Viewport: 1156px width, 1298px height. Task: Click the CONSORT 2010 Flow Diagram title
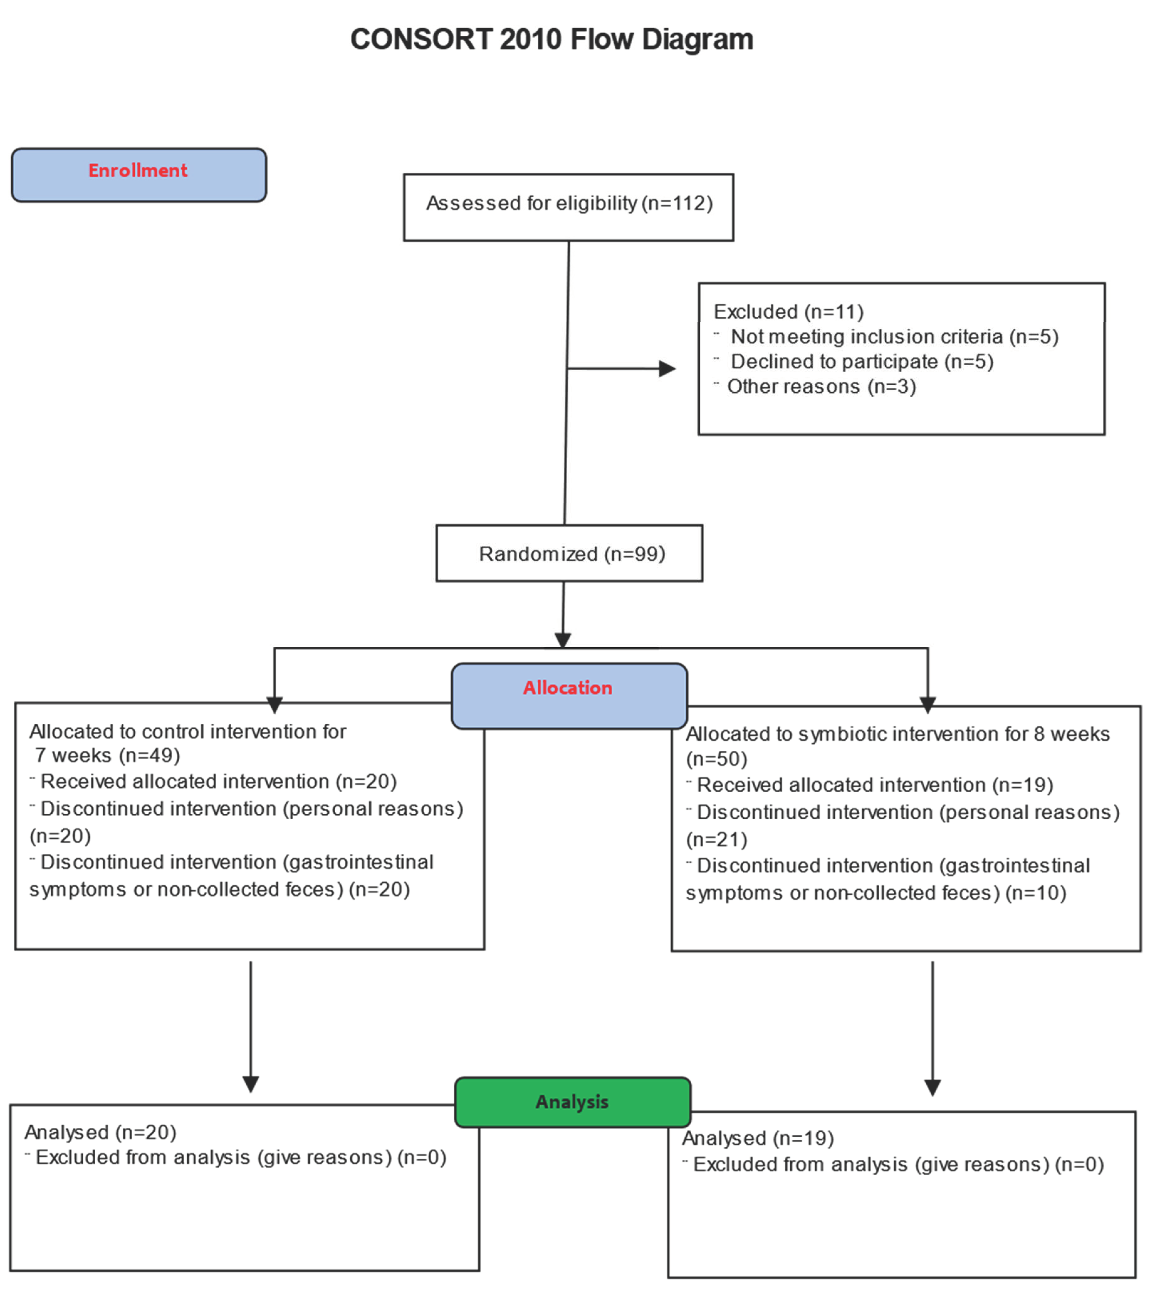(551, 39)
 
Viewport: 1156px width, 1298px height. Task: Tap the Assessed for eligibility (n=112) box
(568, 207)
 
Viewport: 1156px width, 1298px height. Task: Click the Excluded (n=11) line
(788, 312)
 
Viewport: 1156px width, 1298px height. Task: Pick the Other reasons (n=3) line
(821, 387)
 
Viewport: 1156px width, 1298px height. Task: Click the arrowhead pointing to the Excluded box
(667, 368)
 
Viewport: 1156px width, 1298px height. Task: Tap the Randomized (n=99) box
(569, 553)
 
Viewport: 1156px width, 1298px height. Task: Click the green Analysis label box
(572, 1102)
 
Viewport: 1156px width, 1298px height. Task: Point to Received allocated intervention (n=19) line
(875, 785)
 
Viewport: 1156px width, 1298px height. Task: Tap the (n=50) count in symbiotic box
(716, 759)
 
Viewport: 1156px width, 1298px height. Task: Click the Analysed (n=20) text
(100, 1132)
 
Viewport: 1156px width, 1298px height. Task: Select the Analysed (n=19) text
(758, 1138)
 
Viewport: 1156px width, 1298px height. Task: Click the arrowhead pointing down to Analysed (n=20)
(251, 1083)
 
